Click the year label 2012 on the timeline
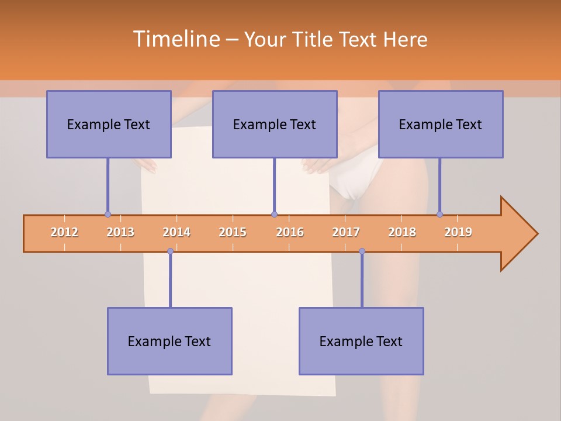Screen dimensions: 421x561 (x=64, y=233)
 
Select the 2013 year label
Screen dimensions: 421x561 (x=120, y=233)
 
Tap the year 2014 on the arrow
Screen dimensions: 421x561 (x=176, y=233)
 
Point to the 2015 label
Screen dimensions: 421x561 (x=233, y=233)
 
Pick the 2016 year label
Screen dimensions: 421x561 (x=290, y=233)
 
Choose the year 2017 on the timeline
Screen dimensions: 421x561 (x=346, y=233)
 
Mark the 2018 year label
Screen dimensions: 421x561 (x=402, y=233)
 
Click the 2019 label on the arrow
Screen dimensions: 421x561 (x=458, y=233)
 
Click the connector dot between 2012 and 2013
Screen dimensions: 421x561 (x=108, y=214)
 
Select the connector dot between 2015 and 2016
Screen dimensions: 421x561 (x=274, y=214)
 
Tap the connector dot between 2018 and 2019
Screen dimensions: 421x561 (x=440, y=214)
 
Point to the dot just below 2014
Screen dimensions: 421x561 (x=170, y=251)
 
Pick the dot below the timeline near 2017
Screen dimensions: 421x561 (x=362, y=251)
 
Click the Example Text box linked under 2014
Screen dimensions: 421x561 (x=169, y=341)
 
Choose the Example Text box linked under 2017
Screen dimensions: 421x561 (x=361, y=341)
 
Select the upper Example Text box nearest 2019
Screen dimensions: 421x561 (x=441, y=125)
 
